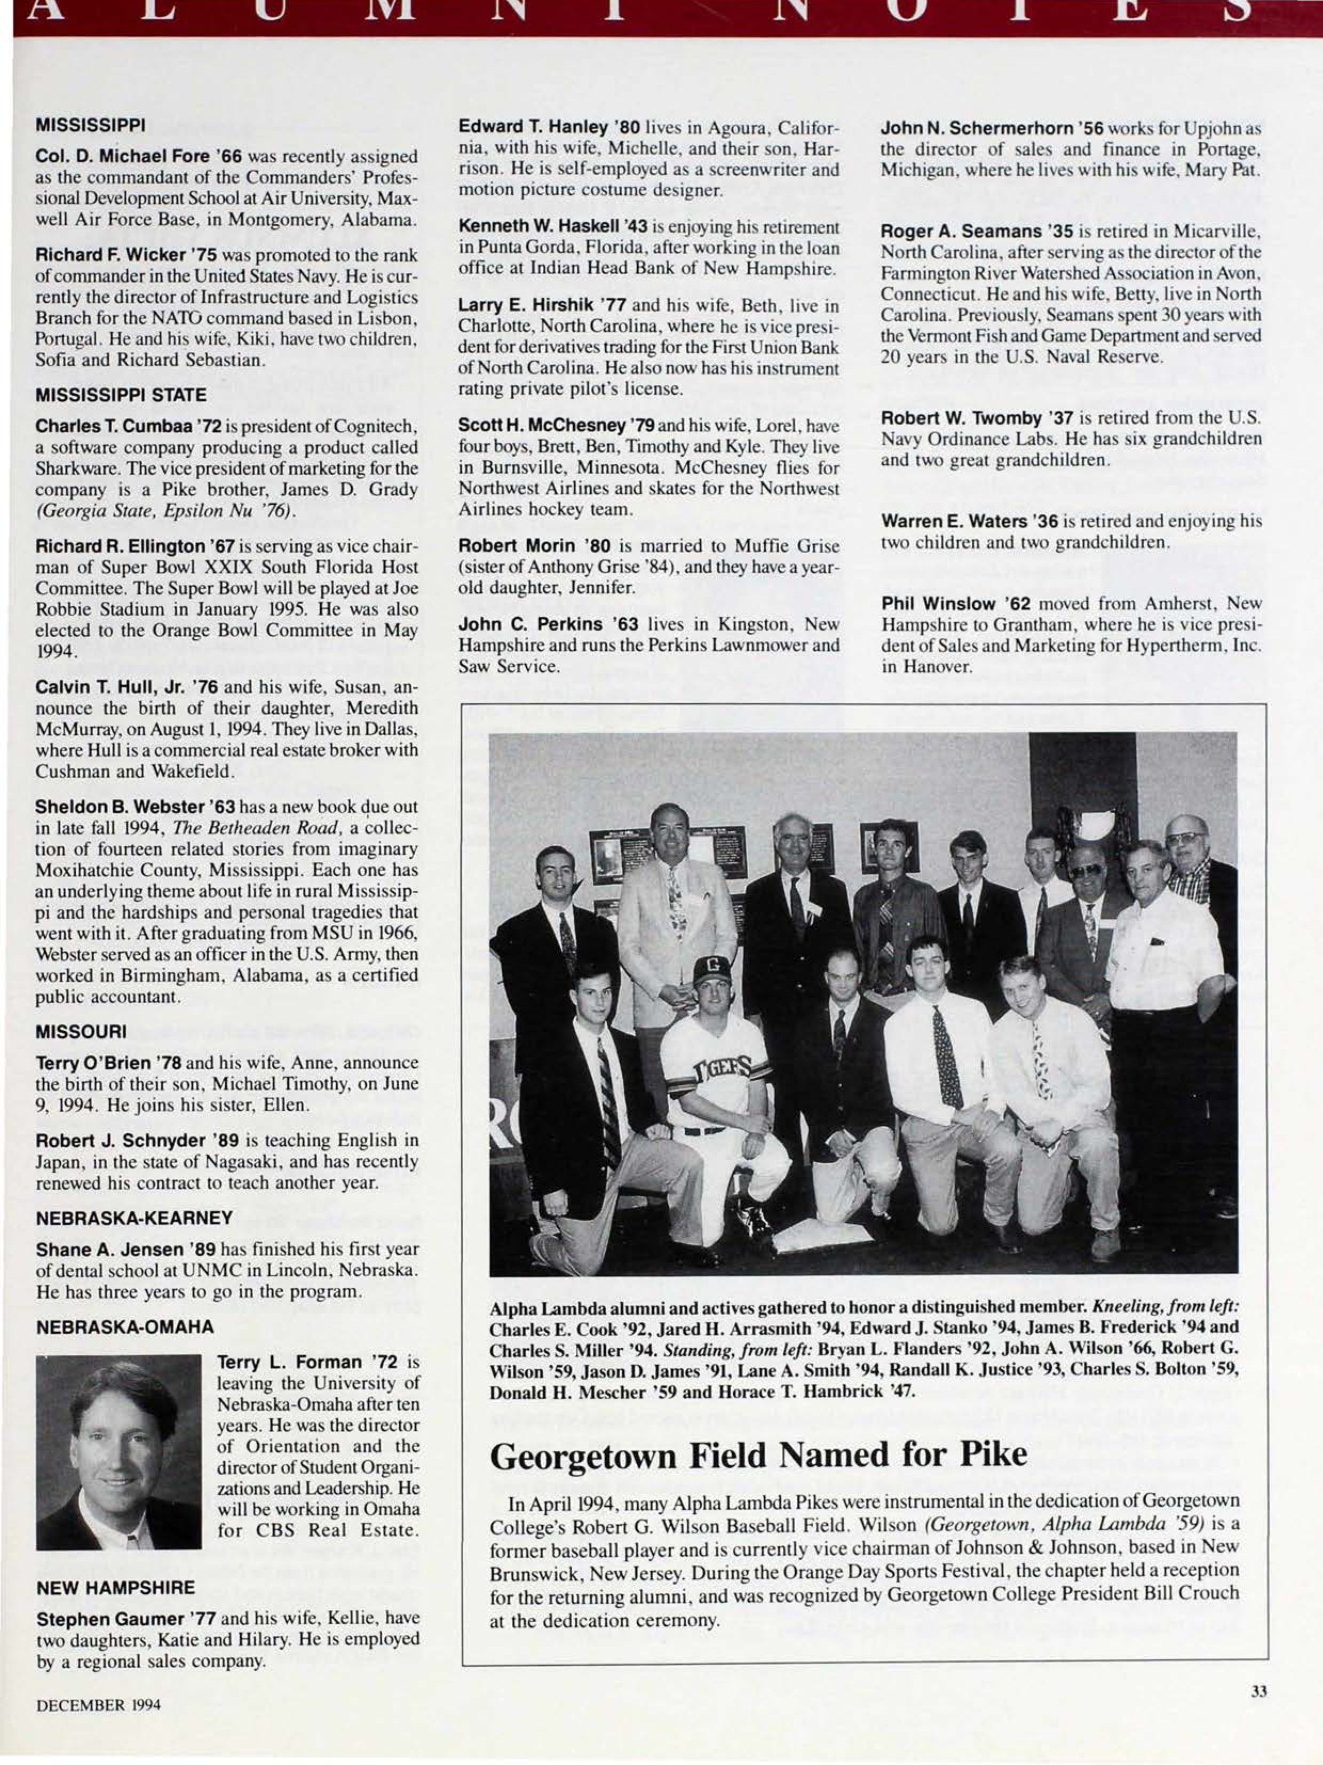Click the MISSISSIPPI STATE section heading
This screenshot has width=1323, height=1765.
pyautogui.click(x=121, y=395)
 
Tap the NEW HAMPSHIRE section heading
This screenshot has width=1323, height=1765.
pyautogui.click(x=116, y=1588)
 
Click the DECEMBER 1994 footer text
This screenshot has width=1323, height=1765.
pyautogui.click(x=98, y=1705)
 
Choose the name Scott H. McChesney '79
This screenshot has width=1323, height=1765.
pyautogui.click(x=556, y=426)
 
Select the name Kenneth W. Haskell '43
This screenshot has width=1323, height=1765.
pyautogui.click(x=551, y=227)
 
